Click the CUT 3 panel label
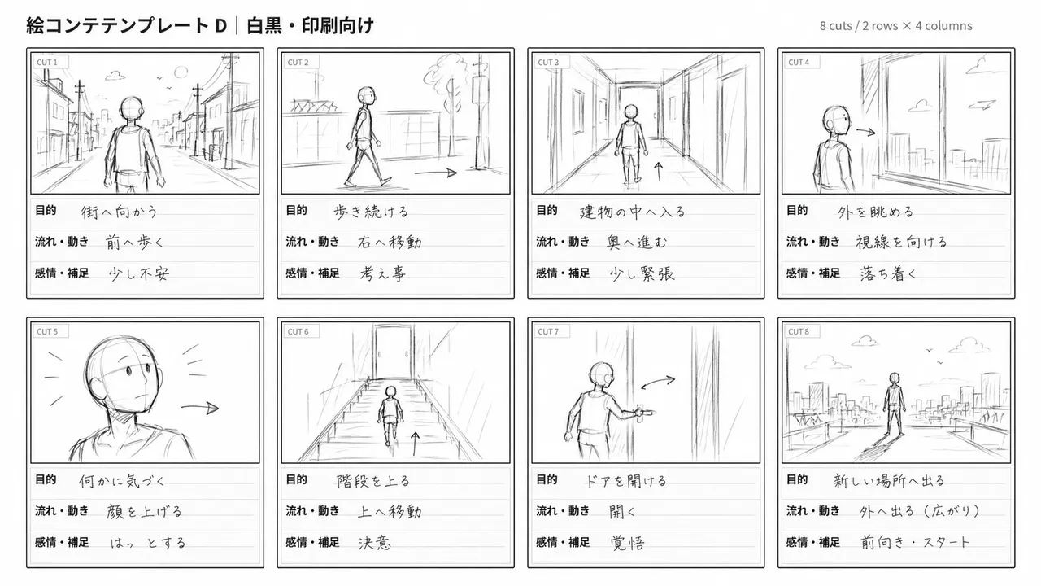(548, 63)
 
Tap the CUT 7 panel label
(548, 331)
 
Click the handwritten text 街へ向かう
(120, 212)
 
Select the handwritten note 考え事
(382, 273)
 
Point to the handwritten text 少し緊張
(642, 273)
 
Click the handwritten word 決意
(375, 543)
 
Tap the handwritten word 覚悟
(627, 543)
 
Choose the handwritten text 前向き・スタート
(915, 542)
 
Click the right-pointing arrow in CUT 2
(435, 173)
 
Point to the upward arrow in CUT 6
(415, 444)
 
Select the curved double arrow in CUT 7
(658, 383)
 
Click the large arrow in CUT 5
(200, 408)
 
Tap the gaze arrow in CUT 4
(866, 132)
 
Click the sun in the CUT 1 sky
(181, 72)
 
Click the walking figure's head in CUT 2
(367, 96)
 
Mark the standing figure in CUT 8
(894, 404)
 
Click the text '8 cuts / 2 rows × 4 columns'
(896, 26)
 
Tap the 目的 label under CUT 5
(46, 479)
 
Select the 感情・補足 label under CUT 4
(813, 273)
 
